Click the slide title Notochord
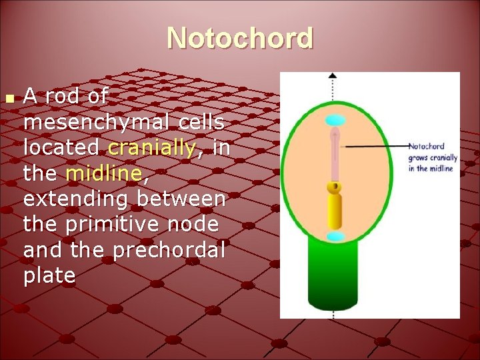pyautogui.click(x=240, y=39)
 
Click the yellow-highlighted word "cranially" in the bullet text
pyautogui.click(x=153, y=147)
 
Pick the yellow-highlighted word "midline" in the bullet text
pyautogui.click(x=104, y=173)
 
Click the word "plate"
pyautogui.click(x=49, y=275)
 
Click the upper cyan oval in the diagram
pyautogui.click(x=335, y=121)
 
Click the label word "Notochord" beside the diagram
pyautogui.click(x=426, y=146)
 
